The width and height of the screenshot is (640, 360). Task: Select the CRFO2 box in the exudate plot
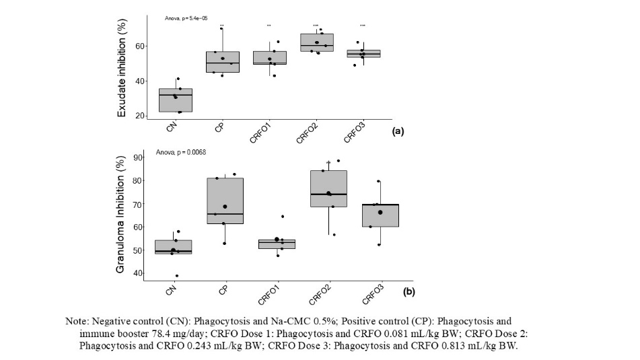click(x=316, y=42)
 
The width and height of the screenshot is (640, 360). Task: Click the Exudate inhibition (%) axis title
click(x=122, y=69)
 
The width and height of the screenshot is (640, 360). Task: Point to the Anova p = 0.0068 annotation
click(x=181, y=152)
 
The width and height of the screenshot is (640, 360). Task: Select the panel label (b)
click(x=408, y=292)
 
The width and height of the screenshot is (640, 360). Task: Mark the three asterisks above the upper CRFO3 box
click(x=363, y=26)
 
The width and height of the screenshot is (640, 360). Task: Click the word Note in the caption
click(x=76, y=321)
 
